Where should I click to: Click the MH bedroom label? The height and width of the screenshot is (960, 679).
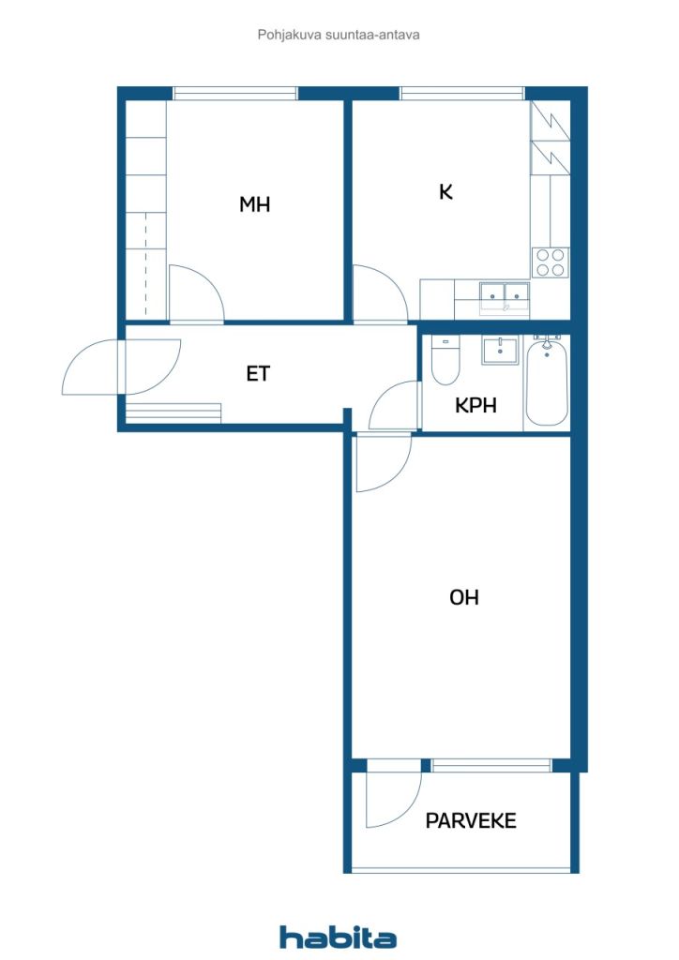254,204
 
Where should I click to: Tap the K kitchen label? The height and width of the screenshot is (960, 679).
445,192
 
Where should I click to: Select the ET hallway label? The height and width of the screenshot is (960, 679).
258,373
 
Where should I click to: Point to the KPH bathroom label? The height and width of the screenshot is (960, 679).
475,406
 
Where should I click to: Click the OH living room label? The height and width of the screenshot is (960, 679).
464,597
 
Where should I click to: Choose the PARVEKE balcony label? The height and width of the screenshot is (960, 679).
471,821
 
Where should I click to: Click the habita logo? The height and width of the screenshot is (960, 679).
338,937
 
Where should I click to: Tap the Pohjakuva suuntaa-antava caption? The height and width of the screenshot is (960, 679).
339,35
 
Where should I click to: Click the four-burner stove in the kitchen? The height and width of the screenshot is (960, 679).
551,262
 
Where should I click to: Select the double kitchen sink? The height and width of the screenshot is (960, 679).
505,296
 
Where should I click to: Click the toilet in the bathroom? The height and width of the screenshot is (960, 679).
445,361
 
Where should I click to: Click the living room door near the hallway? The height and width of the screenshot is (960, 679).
383,464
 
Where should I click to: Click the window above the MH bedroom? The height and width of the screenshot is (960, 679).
234,93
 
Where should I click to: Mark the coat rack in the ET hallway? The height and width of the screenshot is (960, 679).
173,413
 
